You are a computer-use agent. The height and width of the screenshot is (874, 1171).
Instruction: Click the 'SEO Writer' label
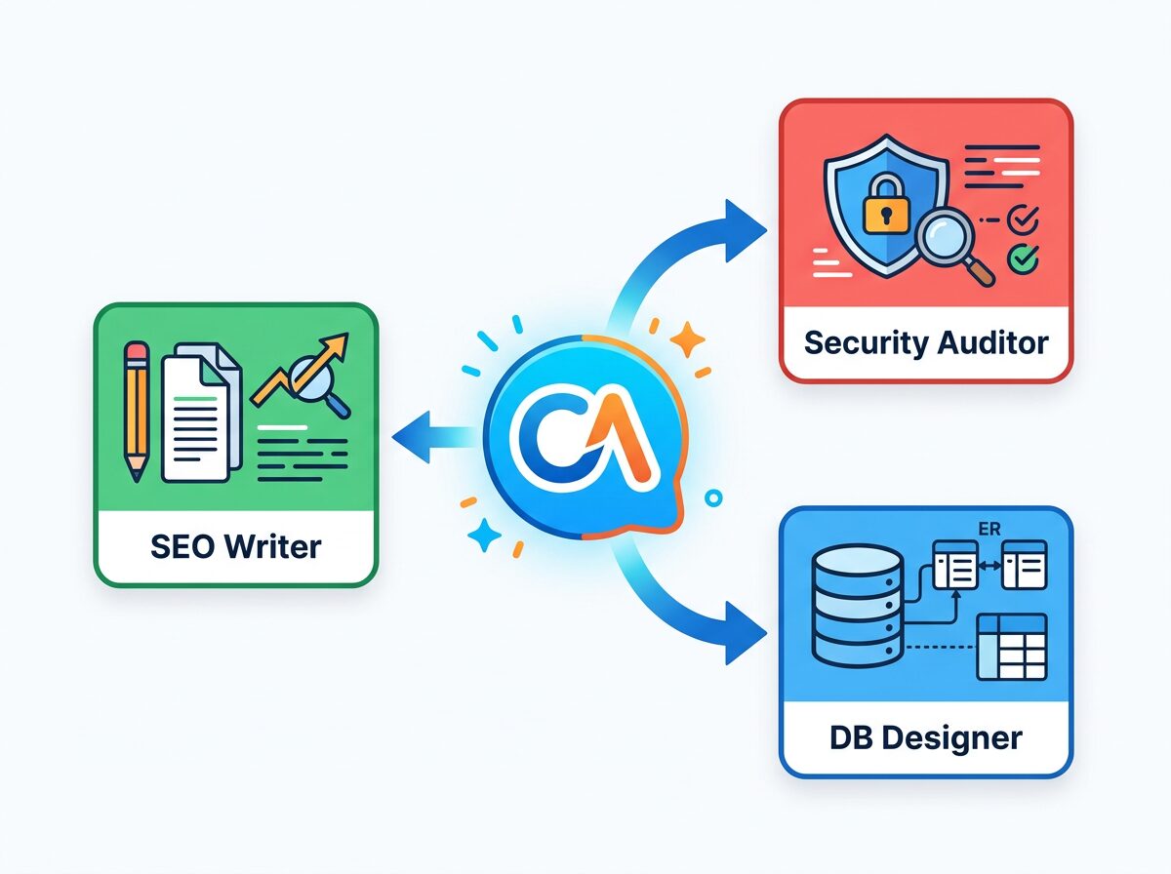(235, 546)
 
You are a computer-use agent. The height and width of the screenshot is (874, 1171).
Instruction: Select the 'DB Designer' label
(926, 737)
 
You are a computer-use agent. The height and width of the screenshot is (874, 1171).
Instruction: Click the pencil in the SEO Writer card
(137, 410)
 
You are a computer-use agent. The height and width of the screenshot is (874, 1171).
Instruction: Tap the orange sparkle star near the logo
(688, 338)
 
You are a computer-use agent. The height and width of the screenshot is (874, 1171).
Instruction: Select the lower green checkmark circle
(1023, 258)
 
